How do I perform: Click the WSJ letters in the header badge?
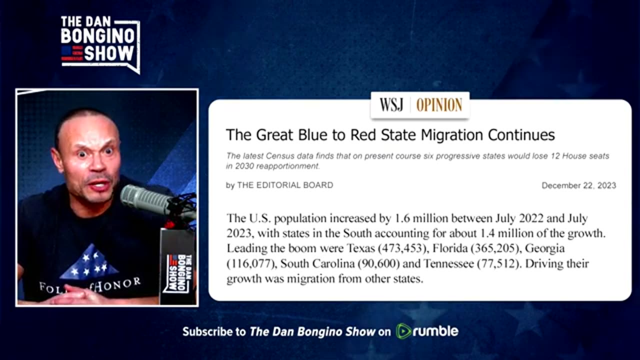[x=391, y=105]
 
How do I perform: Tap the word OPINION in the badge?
[x=439, y=105]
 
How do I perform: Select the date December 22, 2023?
[x=578, y=185]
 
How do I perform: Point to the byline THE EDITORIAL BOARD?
[x=285, y=185]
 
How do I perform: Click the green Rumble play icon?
[x=403, y=331]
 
